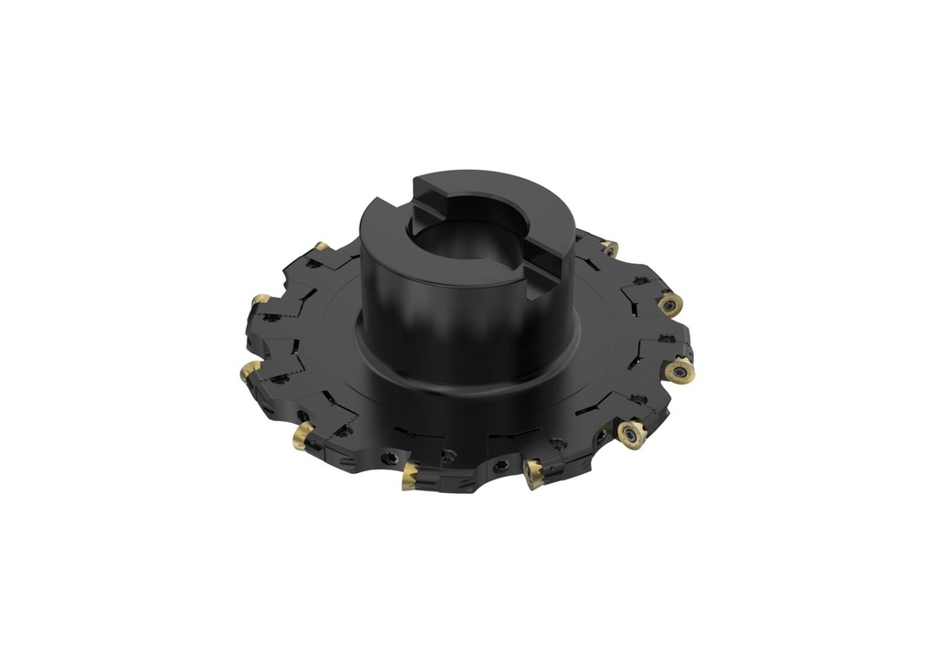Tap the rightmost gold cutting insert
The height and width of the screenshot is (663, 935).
point(680,371)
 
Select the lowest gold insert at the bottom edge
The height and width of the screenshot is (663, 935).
point(410,475)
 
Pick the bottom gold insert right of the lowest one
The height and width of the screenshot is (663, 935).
point(533,472)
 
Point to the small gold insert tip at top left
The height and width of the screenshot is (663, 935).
point(321,246)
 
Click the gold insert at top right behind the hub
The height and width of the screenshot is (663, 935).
point(609,247)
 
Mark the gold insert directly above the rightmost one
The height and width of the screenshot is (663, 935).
point(670,304)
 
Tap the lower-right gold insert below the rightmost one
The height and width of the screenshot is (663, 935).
point(631,434)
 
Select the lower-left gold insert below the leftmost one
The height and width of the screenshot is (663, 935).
point(303,435)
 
